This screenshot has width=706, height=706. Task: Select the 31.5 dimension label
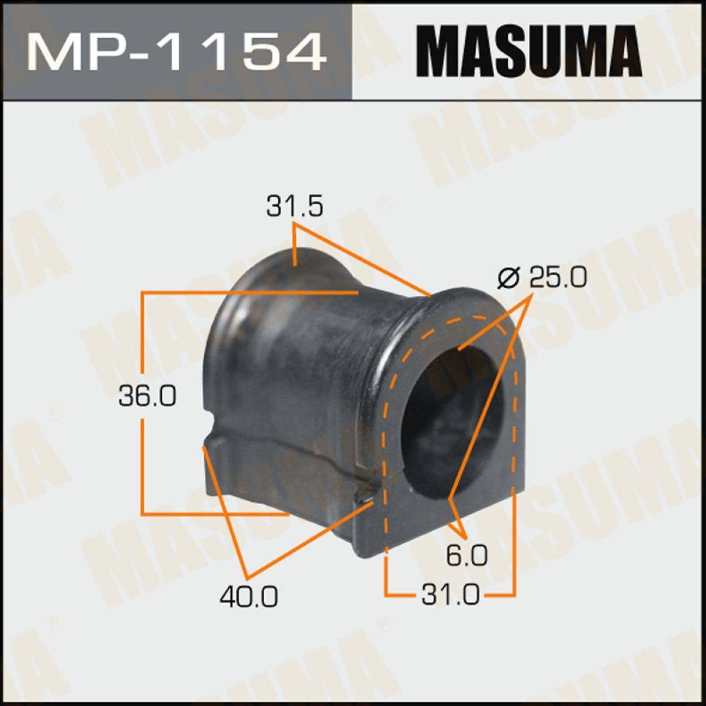(295, 207)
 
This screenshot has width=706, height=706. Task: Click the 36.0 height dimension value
(148, 397)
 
